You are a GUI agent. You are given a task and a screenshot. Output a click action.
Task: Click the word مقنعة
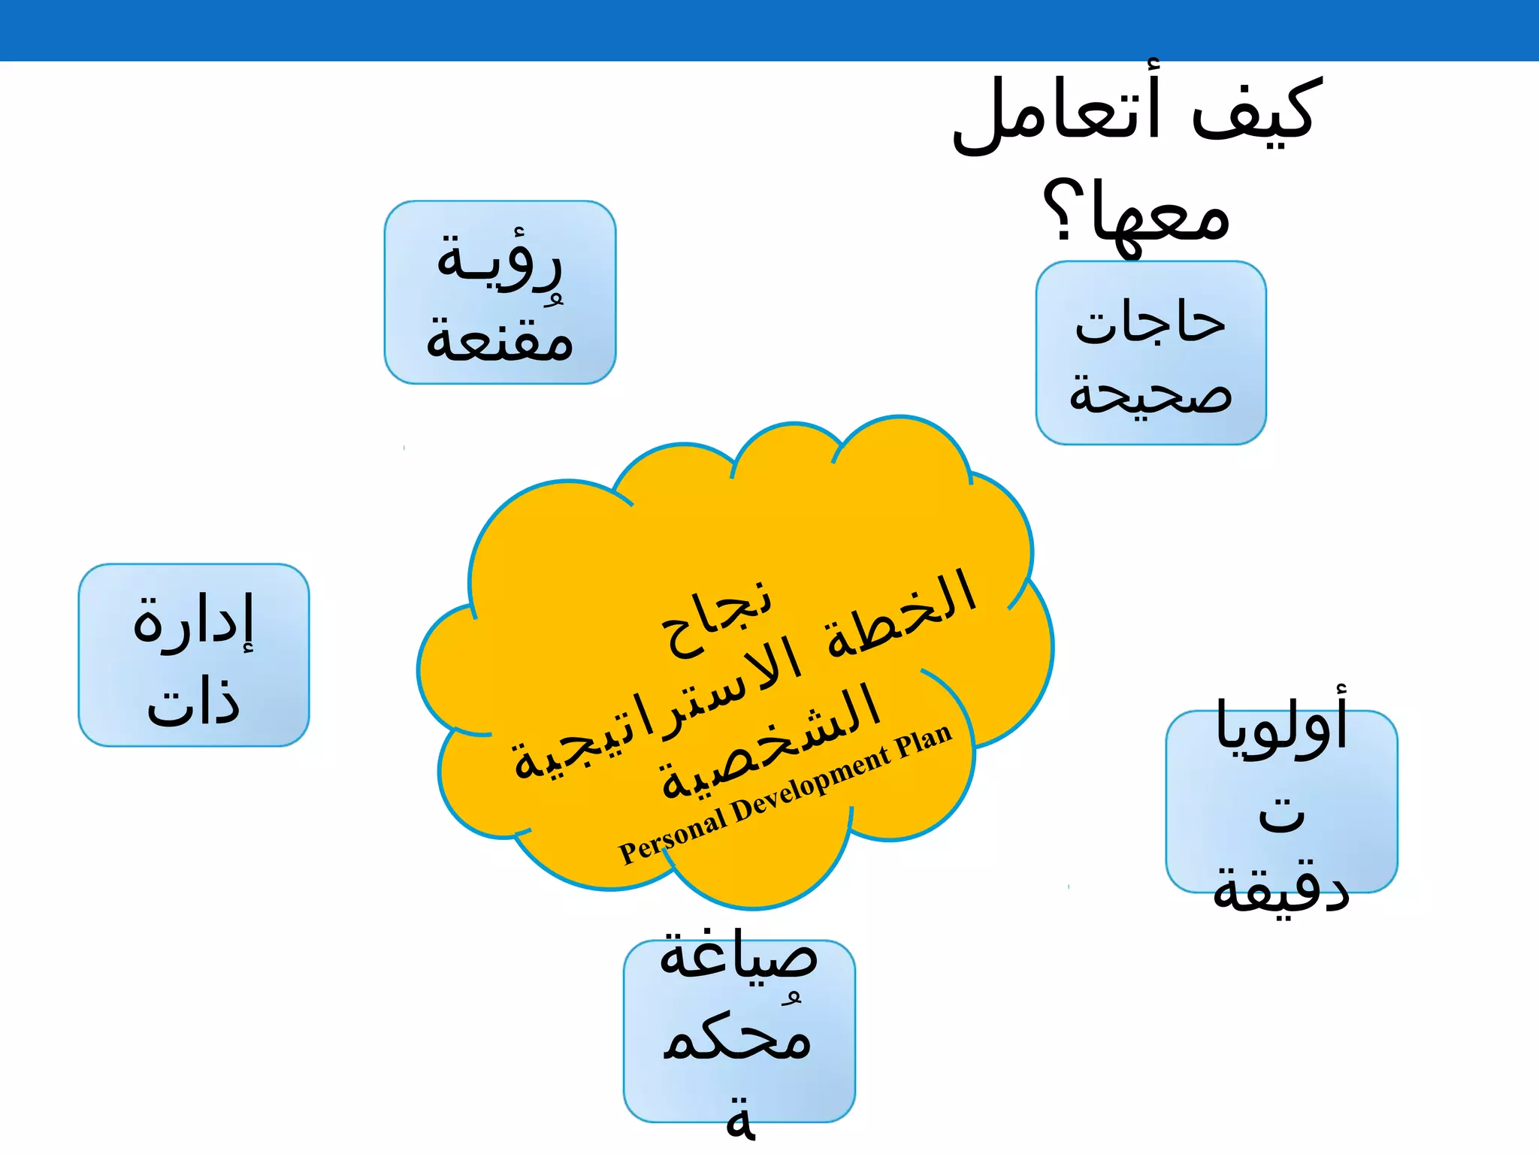coord(500,338)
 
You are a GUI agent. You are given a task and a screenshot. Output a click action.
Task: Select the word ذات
coord(194,702)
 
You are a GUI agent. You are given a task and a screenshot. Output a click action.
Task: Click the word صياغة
coord(738,957)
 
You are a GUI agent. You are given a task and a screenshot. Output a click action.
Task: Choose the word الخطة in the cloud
coord(901,612)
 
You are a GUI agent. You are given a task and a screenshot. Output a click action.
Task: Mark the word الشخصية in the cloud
coord(770,744)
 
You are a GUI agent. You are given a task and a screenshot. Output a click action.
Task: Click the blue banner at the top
coord(769,30)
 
